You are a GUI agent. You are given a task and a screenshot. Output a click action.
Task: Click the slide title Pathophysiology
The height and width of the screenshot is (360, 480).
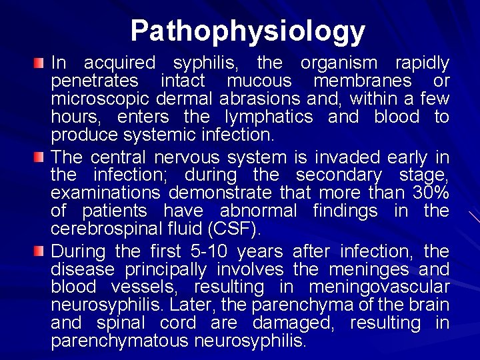point(248,30)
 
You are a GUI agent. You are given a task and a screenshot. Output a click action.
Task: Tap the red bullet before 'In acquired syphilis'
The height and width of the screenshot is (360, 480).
point(41,63)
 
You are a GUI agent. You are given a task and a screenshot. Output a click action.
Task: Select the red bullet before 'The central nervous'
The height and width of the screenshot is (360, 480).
point(41,157)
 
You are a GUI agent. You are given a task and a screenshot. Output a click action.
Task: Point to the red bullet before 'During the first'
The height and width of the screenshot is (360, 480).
point(41,251)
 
